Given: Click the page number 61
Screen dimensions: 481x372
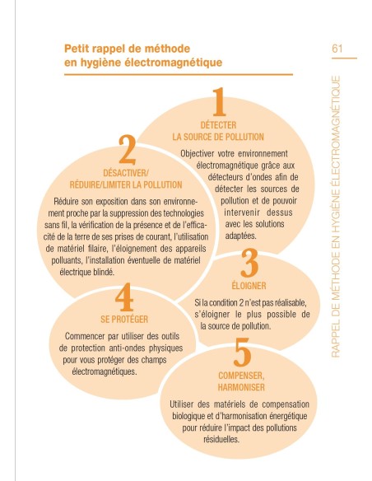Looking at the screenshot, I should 337,49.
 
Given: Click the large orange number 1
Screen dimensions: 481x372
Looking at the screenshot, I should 217,104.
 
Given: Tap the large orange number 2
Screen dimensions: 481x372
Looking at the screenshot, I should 127,152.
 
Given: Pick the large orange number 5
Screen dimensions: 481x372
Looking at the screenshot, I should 241,353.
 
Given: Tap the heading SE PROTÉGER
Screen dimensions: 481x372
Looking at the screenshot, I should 123,319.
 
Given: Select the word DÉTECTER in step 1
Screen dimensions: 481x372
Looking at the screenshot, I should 216,124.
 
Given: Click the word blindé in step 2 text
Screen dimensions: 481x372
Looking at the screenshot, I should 112,269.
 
